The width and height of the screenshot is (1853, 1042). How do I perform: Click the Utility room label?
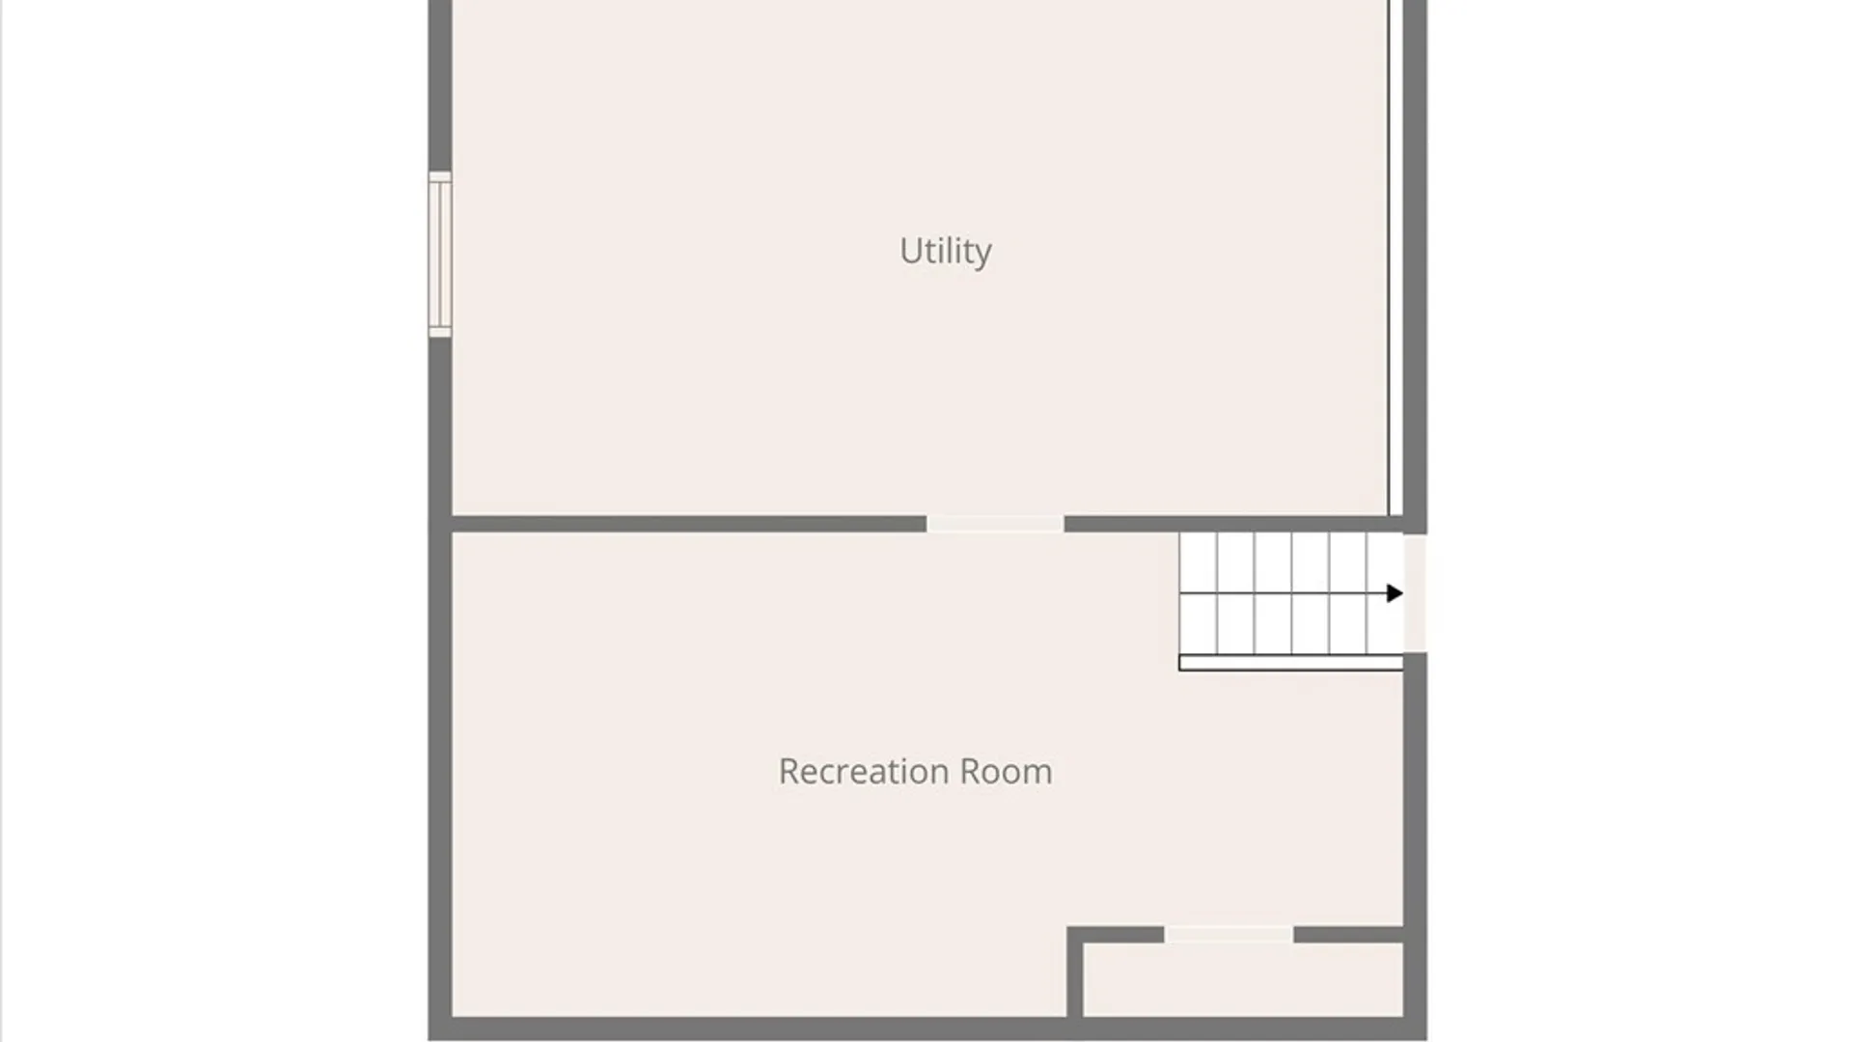pyautogui.click(x=945, y=252)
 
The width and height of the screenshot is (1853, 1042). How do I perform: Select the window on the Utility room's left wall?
pyautogui.click(x=440, y=255)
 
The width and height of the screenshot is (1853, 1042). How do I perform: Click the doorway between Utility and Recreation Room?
pyautogui.click(x=995, y=524)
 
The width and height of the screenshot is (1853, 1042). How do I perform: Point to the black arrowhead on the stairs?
pyautogui.click(x=1395, y=593)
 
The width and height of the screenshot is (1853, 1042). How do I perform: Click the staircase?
pyautogui.click(x=1291, y=593)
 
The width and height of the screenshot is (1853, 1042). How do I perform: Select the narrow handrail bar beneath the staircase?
pyautogui.click(x=1291, y=663)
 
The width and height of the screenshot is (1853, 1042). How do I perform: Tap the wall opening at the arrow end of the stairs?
pyautogui.click(x=1415, y=592)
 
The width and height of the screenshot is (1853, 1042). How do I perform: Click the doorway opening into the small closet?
pyautogui.click(x=1229, y=935)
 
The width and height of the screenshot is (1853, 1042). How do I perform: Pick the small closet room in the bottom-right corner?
pyautogui.click(x=1243, y=979)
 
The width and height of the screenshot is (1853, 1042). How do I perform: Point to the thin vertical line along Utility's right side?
pyautogui.click(x=1390, y=258)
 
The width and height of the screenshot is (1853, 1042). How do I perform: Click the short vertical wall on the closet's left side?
pyautogui.click(x=1074, y=972)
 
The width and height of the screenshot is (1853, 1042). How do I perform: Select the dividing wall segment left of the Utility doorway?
pyautogui.click(x=689, y=524)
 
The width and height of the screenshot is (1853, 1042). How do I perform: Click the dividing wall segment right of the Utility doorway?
pyautogui.click(x=1233, y=524)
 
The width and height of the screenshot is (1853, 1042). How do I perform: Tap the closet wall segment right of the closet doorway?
pyautogui.click(x=1349, y=935)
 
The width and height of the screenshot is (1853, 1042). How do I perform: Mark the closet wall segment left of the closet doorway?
pyautogui.click(x=1116, y=935)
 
